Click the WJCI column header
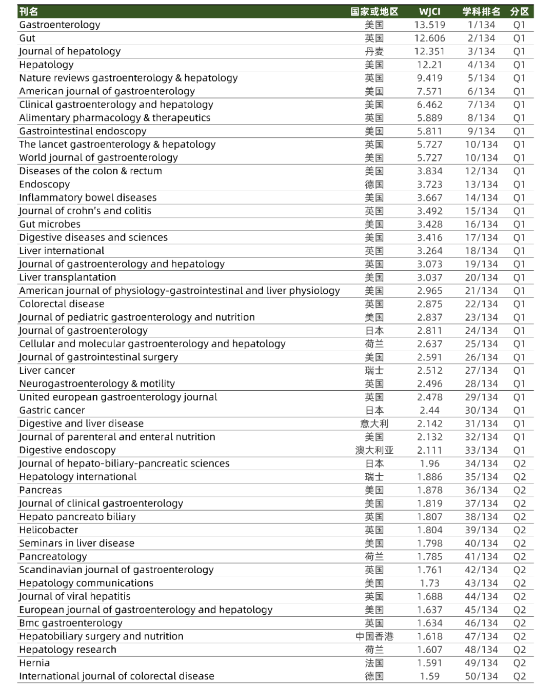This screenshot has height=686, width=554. click(x=430, y=11)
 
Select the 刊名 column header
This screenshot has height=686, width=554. click(x=28, y=11)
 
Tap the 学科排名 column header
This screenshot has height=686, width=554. click(x=481, y=11)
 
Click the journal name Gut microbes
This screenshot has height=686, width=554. click(x=50, y=224)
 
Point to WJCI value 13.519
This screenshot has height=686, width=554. click(x=430, y=25)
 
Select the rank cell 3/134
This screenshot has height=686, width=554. click(x=481, y=51)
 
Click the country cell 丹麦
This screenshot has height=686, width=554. click(x=374, y=51)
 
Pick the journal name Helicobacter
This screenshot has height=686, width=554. click(x=49, y=530)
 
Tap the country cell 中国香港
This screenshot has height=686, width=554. click(x=374, y=636)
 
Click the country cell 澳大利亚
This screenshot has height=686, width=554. click(x=374, y=450)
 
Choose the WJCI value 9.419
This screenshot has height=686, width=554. click(x=430, y=78)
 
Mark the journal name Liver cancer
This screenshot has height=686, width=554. click(x=47, y=370)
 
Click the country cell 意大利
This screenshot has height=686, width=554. click(x=374, y=423)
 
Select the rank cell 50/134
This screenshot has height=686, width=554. click(x=481, y=676)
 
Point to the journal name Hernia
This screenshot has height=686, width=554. click(x=34, y=663)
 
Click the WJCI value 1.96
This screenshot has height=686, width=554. click(x=430, y=463)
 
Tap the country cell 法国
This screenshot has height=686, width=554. click(x=374, y=663)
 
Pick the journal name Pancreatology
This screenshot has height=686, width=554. click(x=53, y=556)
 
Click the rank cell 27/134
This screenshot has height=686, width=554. click(x=481, y=370)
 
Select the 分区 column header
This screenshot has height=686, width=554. click(x=520, y=11)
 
